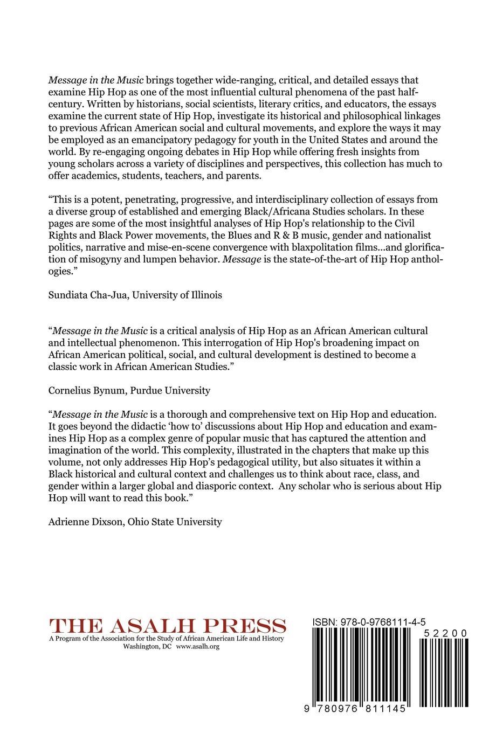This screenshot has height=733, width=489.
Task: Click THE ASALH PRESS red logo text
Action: (168, 626)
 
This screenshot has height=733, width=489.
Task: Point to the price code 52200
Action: (445, 634)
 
